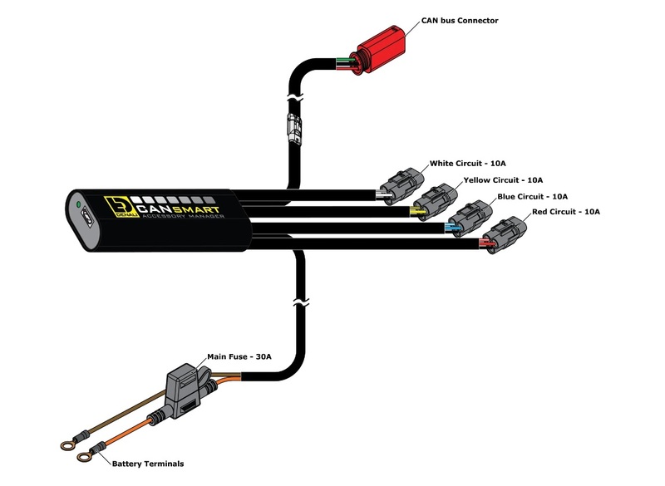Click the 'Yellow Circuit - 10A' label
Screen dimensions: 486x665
pyautogui.click(x=503, y=179)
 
